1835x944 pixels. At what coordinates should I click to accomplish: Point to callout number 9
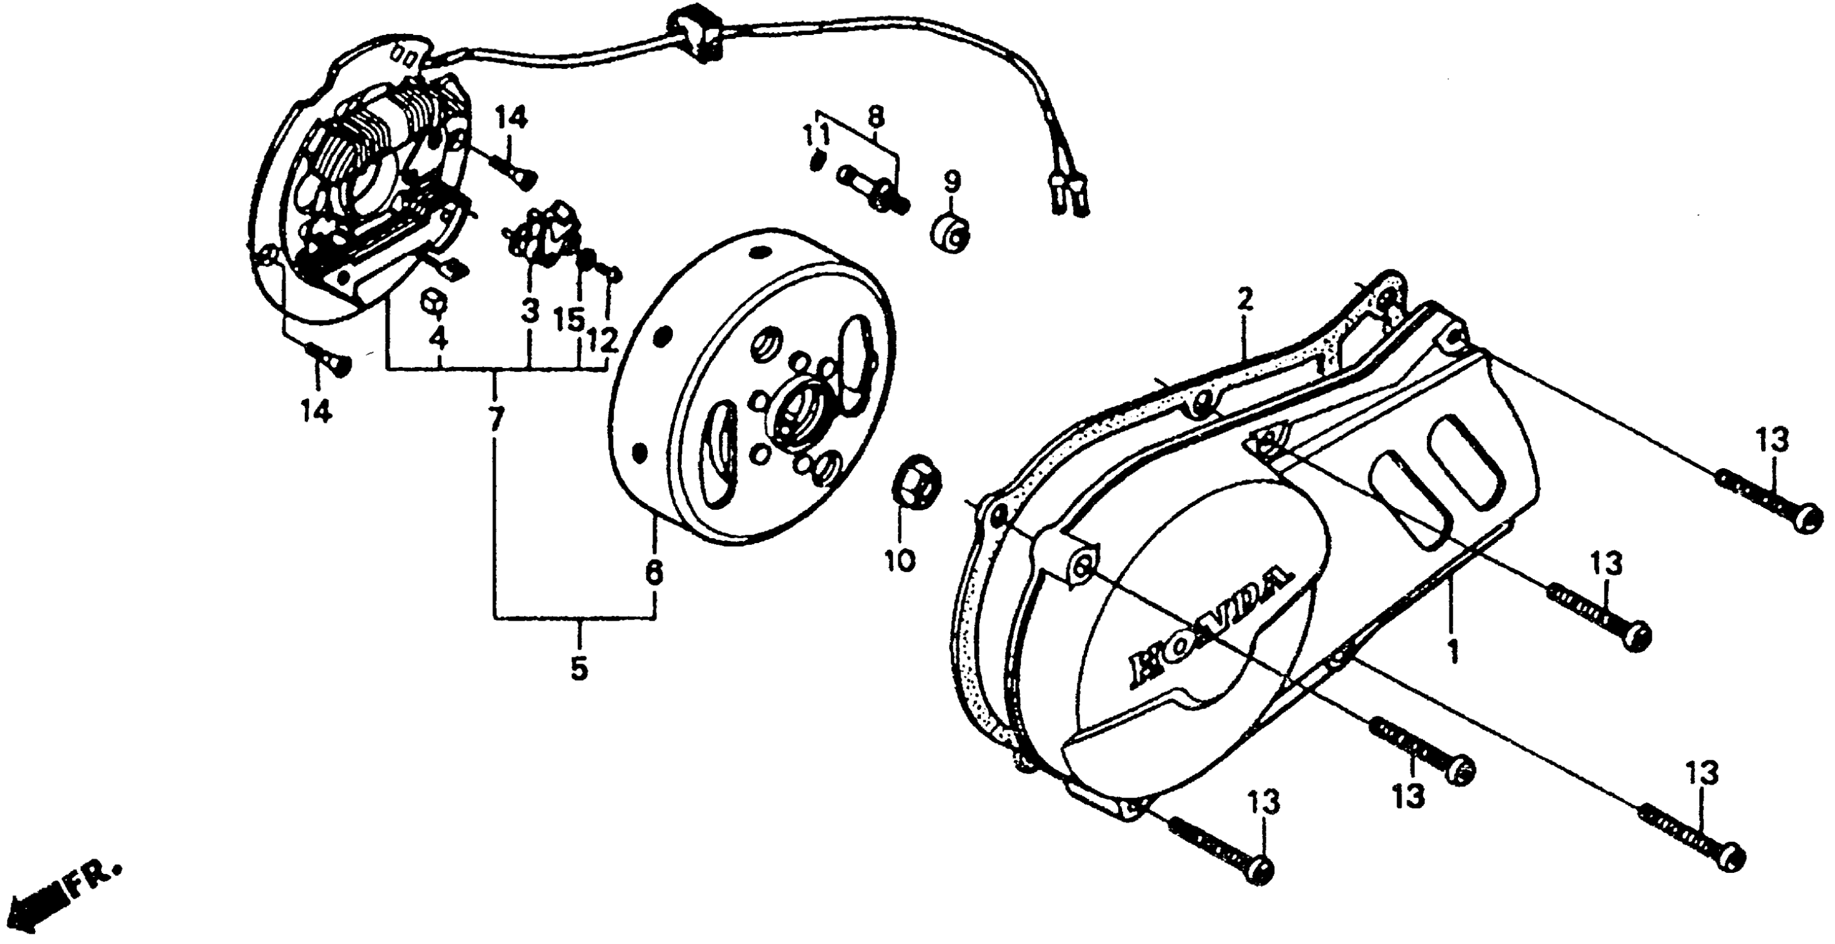point(952,181)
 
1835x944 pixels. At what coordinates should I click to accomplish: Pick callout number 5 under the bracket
point(579,669)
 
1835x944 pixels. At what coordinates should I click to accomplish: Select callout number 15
point(570,319)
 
